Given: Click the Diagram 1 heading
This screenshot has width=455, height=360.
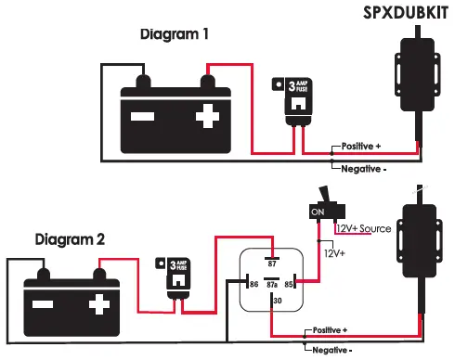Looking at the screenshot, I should [x=175, y=34].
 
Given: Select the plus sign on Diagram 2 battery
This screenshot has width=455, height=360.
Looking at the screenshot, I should [x=97, y=305].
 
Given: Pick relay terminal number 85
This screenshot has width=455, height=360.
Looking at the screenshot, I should [x=290, y=285].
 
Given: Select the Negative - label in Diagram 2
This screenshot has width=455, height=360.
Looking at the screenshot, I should [x=332, y=350].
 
